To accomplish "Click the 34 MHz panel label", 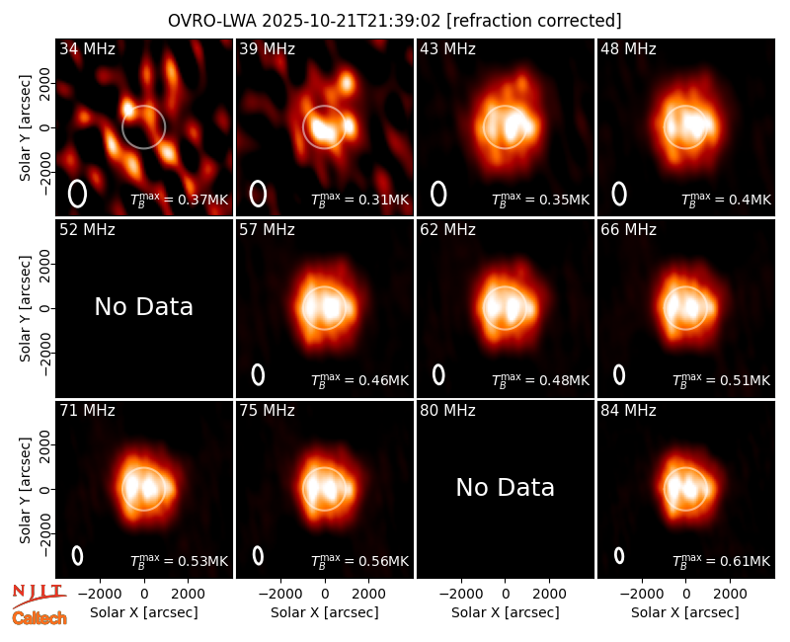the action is tap(87, 48).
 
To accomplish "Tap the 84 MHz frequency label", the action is tap(628, 411).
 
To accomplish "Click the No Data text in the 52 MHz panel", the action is tap(144, 306).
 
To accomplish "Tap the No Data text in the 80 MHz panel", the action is tap(506, 487).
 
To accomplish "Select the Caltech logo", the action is tap(39, 618).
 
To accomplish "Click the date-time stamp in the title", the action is tap(352, 21).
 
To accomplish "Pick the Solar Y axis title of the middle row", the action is tap(25, 308).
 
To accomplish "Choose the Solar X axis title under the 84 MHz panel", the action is tap(685, 612).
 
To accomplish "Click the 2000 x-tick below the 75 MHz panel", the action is tap(368, 594).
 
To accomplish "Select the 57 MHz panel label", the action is tap(267, 230).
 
